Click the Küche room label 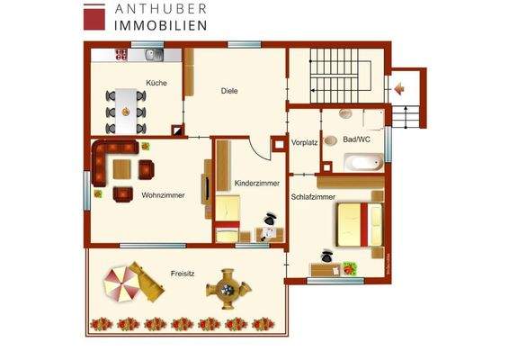156,82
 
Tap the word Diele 229,91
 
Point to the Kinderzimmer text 256,183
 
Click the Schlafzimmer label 313,195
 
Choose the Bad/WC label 357,139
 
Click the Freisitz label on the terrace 183,273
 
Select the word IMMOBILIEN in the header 161,26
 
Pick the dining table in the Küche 127,104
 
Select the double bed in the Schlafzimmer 359,223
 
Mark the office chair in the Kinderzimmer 269,219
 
